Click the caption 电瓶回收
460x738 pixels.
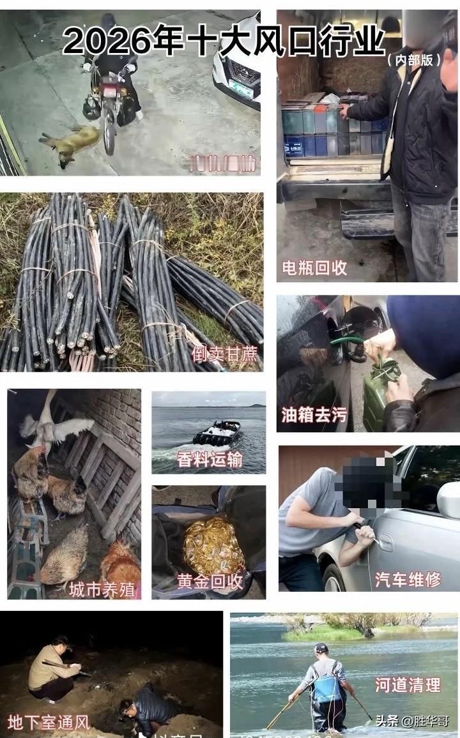[x=314, y=268]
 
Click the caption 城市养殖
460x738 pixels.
[x=102, y=589]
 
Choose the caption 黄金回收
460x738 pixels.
[x=210, y=582]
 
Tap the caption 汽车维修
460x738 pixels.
[x=408, y=579]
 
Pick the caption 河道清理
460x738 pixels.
[x=408, y=685]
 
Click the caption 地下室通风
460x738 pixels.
[x=49, y=723]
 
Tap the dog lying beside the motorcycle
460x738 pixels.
[x=69, y=142]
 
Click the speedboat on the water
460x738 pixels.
[x=217, y=433]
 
